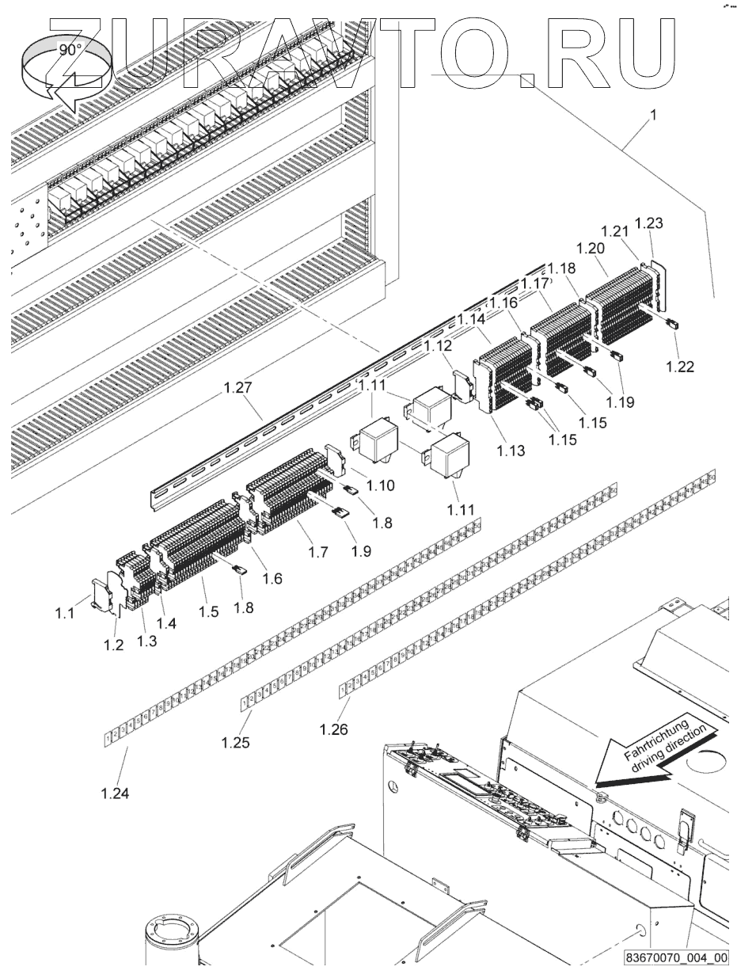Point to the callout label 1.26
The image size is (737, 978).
(334, 729)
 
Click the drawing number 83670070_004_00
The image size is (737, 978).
(675, 957)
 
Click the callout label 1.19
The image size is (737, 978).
(621, 401)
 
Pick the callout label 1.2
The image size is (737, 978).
(115, 645)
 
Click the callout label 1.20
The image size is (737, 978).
(591, 248)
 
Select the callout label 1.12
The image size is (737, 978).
(437, 345)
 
